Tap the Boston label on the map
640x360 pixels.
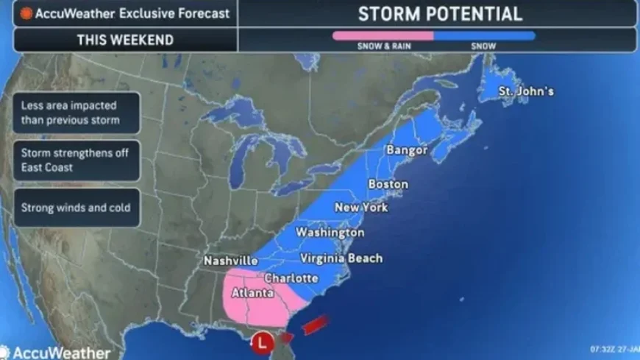[x=388, y=184]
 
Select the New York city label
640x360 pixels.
[x=361, y=208]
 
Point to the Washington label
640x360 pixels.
[x=330, y=233]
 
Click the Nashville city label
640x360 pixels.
[x=231, y=261]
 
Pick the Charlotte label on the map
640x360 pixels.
[x=291, y=278]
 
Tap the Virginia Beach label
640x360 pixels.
[x=341, y=258]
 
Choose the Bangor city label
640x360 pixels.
[x=407, y=150]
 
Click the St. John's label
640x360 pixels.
[x=526, y=91]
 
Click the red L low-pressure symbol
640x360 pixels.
[x=263, y=342]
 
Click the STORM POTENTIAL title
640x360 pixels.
[x=440, y=14]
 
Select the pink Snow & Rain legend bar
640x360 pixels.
[x=383, y=35]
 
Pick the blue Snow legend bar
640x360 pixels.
[x=484, y=35]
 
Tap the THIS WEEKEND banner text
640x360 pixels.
[x=124, y=40]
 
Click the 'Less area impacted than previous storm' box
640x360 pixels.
[x=76, y=113]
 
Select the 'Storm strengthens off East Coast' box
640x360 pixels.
[x=76, y=160]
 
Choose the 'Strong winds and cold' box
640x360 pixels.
[x=76, y=207]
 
